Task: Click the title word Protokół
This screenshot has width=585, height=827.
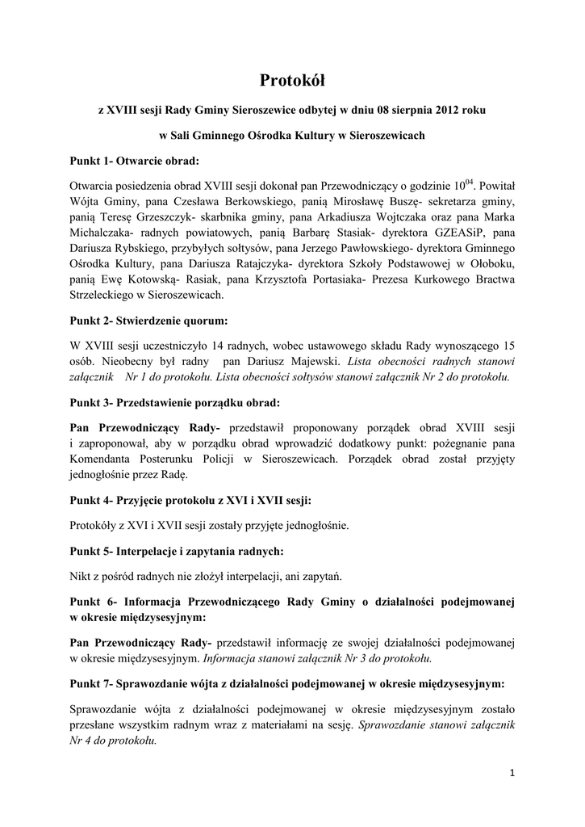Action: tap(292, 79)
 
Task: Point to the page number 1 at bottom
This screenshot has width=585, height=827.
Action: tap(512, 772)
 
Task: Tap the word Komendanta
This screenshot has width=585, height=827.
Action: tap(104, 460)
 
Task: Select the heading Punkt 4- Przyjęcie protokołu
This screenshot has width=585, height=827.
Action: tap(190, 501)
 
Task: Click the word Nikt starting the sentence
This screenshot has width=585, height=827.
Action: tap(81, 577)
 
